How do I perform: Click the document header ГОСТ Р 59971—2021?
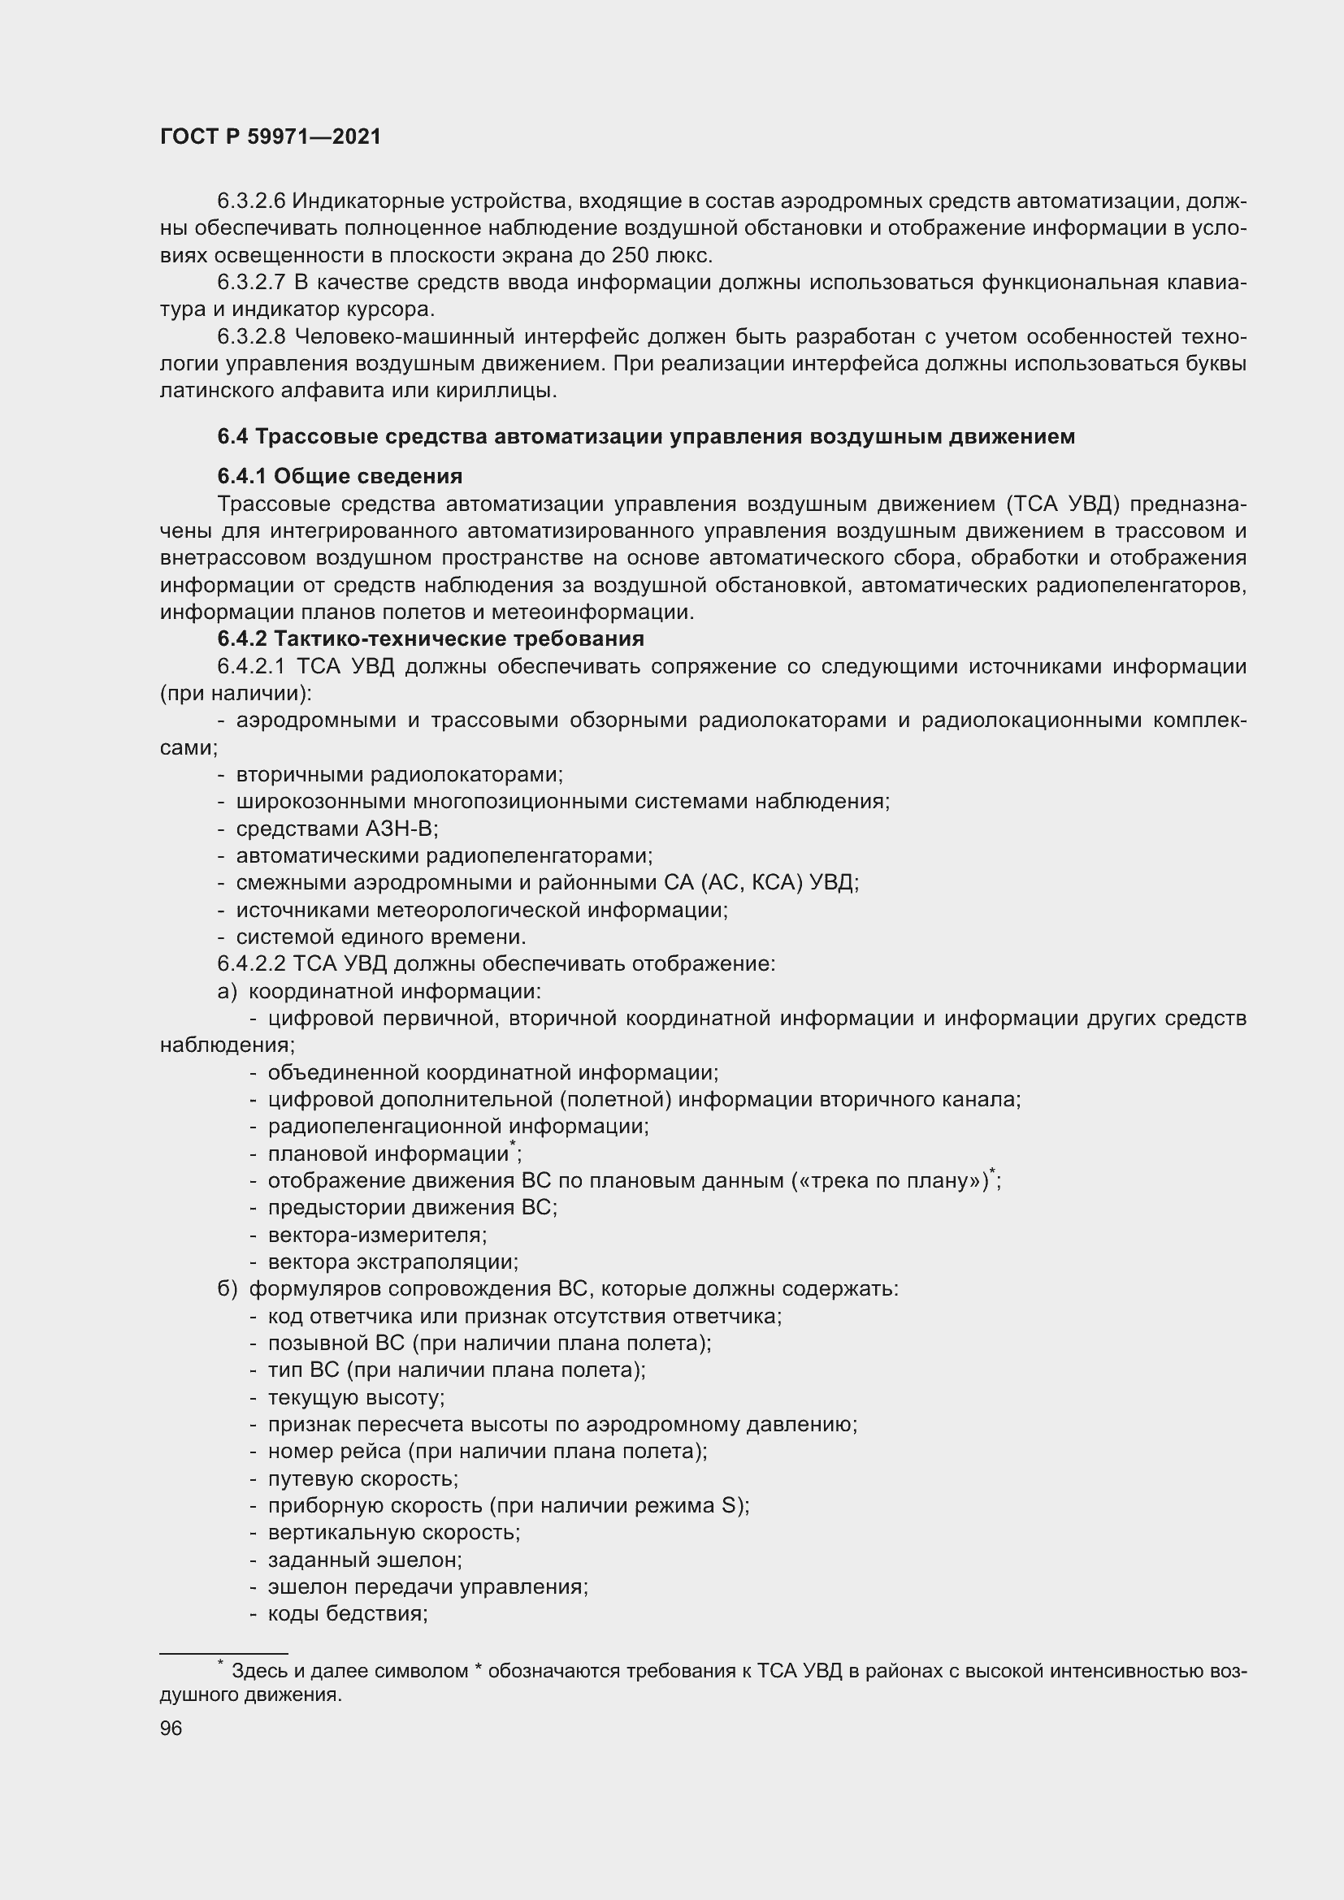click(271, 137)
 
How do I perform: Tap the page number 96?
click(171, 1729)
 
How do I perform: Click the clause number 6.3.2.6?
click(251, 201)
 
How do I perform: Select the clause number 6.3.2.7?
click(251, 282)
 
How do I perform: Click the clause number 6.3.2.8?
click(251, 337)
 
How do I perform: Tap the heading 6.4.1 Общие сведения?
click(340, 477)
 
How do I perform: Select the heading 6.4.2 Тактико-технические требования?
click(431, 638)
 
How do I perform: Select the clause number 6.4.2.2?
click(251, 964)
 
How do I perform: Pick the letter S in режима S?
click(729, 1505)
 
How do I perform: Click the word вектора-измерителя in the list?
click(376, 1235)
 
